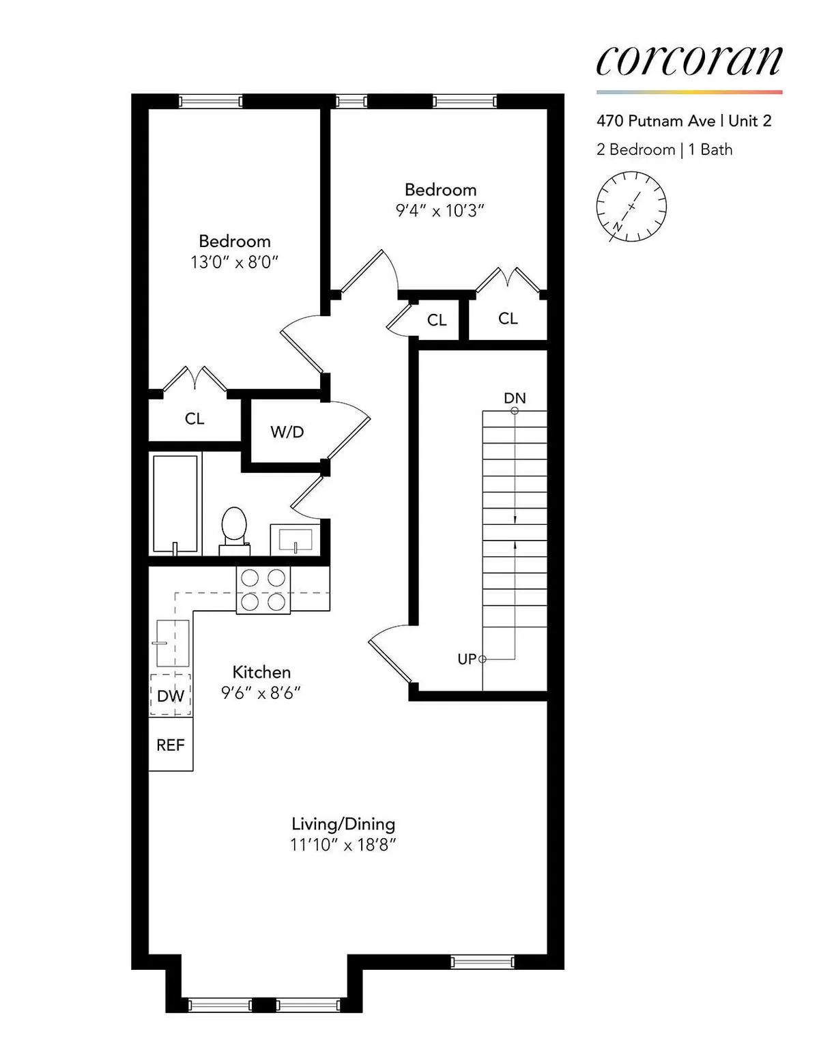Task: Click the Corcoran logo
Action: [x=689, y=61]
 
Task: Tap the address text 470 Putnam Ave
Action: [x=655, y=121]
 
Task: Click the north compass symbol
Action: [x=631, y=207]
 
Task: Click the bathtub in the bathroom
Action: [x=175, y=504]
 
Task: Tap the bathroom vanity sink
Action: [x=295, y=539]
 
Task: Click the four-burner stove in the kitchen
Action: [x=263, y=590]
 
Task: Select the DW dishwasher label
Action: [x=171, y=696]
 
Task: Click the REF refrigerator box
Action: [x=171, y=745]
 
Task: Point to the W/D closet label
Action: [x=287, y=432]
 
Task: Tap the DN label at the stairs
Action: [x=515, y=398]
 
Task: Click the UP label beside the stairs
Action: [x=467, y=659]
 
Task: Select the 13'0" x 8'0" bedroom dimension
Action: [x=235, y=262]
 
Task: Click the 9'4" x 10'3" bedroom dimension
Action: [x=440, y=210]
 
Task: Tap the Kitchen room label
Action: [x=261, y=672]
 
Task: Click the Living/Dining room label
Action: [x=343, y=824]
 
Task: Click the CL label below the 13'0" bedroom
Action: [x=195, y=418]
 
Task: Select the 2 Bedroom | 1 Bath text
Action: [x=664, y=149]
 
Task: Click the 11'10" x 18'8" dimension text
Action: [x=343, y=845]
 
